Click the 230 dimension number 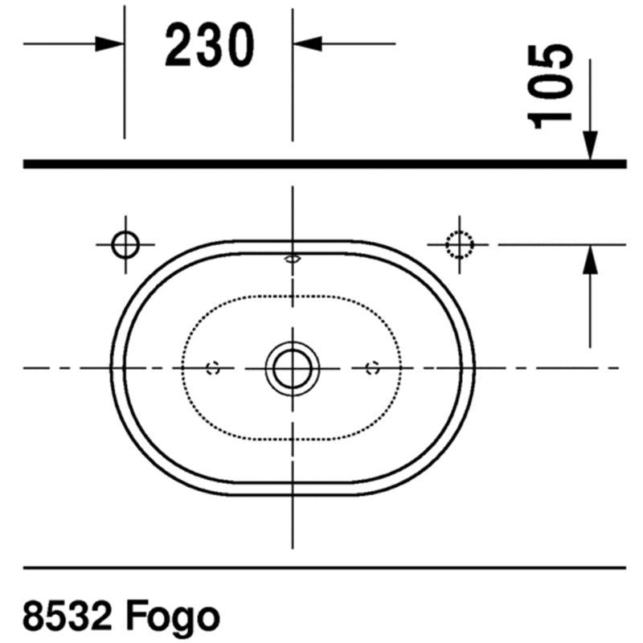(x=210, y=45)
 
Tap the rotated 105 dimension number (x=550, y=87)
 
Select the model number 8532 (x=68, y=616)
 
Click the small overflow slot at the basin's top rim (x=293, y=259)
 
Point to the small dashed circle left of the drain (x=213, y=368)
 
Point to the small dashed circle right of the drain (x=372, y=368)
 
